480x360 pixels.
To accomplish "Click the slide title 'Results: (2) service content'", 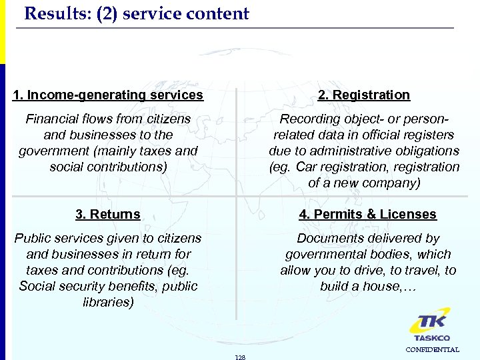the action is pyautogui.click(x=137, y=14).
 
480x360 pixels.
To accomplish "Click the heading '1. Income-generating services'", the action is pyautogui.click(x=108, y=95).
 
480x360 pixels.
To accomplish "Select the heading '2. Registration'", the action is pyautogui.click(x=364, y=95).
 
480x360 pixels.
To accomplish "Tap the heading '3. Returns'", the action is pyautogui.click(x=108, y=215).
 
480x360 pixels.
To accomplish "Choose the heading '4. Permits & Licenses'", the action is pyautogui.click(x=368, y=215).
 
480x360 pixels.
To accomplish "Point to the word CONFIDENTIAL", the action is pyautogui.click(x=432, y=349).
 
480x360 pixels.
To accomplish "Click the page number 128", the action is pyautogui.click(x=241, y=357).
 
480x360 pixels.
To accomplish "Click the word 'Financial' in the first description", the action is pyautogui.click(x=51, y=119).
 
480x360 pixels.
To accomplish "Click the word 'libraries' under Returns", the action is pyautogui.click(x=108, y=303).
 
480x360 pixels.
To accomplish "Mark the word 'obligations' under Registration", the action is pyautogui.click(x=425, y=151).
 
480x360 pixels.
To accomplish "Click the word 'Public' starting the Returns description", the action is pyautogui.click(x=34, y=239).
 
